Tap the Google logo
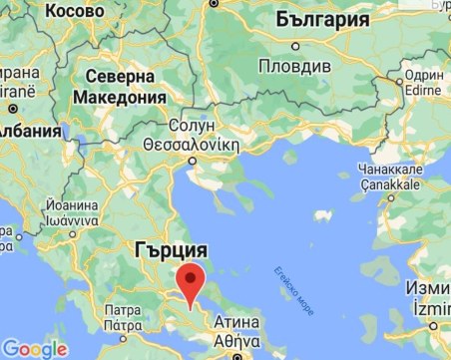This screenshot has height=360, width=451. [34, 349]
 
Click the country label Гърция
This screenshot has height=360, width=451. [171, 249]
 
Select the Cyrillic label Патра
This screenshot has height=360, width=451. [123, 309]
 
